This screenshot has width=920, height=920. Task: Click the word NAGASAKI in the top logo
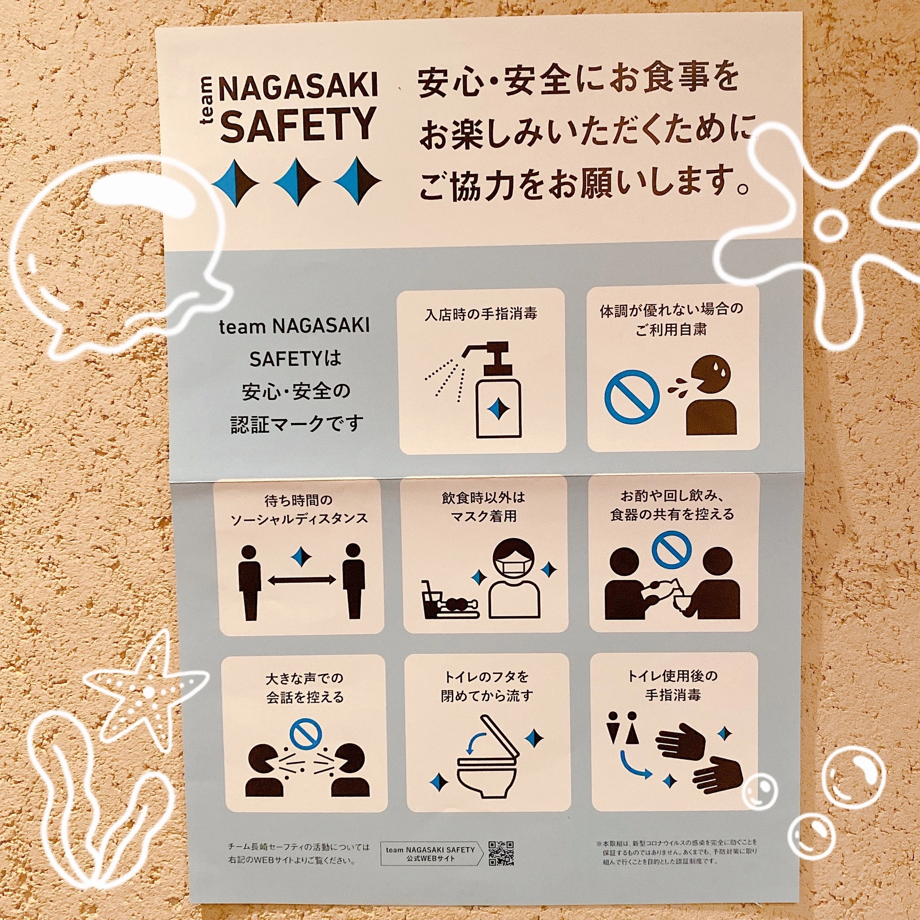298,86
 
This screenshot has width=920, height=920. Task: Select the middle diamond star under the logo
296,183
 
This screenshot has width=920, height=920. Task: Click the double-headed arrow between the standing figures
301,579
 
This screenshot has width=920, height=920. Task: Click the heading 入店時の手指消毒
481,315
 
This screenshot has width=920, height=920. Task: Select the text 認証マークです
296,423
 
